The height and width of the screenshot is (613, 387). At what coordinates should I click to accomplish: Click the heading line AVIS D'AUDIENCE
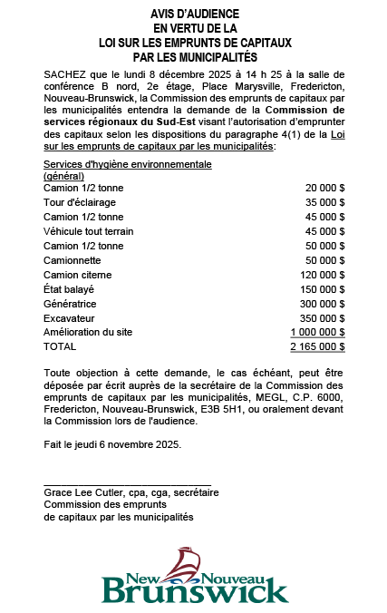[195, 15]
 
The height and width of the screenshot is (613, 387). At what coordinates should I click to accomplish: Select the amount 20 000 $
[324, 187]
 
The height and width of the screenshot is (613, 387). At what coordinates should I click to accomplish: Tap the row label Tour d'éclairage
[80, 201]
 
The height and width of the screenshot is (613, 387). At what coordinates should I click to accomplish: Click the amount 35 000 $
[324, 201]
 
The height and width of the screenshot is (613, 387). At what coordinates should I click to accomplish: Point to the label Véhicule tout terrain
[89, 230]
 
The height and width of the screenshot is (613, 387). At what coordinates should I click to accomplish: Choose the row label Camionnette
[73, 259]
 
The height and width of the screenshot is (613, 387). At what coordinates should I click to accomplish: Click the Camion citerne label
[79, 274]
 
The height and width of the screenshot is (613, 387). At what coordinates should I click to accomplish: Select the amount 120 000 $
[322, 274]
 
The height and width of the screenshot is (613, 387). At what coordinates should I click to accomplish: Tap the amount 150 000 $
[322, 288]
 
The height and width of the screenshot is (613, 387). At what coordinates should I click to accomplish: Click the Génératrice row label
[70, 303]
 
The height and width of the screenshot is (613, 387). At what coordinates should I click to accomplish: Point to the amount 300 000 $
[322, 303]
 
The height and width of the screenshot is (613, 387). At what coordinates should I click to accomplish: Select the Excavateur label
[70, 317]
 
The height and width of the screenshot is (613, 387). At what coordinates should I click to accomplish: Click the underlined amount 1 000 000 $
[317, 332]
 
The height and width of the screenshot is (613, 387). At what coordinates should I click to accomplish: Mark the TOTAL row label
[60, 346]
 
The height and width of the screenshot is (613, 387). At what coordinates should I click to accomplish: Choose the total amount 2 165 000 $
[317, 346]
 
